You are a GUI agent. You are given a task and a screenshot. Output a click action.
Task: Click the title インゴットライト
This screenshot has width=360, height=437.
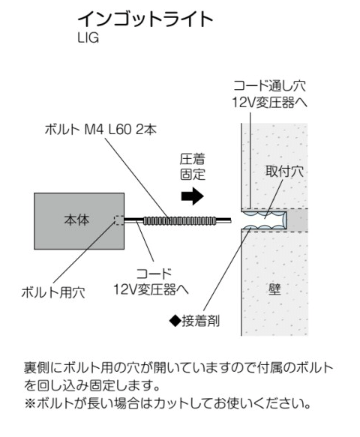(x=145, y=19)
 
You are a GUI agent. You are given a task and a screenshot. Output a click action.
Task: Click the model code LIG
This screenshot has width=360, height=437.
(x=88, y=38)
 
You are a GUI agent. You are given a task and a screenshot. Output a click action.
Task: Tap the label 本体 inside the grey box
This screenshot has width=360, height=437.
(x=76, y=220)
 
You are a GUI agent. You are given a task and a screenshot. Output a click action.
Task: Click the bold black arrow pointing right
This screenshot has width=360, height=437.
(x=193, y=196)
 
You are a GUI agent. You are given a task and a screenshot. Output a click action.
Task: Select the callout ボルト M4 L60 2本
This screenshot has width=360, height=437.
(x=101, y=130)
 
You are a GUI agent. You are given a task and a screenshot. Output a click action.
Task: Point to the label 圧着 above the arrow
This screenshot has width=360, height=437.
(x=193, y=159)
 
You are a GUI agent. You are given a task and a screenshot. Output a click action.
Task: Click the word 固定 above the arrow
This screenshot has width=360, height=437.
(x=193, y=174)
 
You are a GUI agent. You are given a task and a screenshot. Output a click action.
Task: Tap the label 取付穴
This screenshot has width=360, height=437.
(x=284, y=171)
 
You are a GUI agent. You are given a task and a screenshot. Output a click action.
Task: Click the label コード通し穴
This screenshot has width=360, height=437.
(x=270, y=85)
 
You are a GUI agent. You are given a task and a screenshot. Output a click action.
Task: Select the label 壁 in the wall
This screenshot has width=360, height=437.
(x=274, y=289)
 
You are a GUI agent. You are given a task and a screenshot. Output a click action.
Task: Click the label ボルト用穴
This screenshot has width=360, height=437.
(x=53, y=292)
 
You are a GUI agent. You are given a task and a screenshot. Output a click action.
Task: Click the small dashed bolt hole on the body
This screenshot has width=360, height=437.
(x=119, y=220)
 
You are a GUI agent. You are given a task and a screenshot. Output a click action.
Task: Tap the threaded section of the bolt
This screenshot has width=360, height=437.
(x=179, y=220)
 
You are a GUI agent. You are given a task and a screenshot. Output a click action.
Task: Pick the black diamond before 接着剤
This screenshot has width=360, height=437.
(x=175, y=321)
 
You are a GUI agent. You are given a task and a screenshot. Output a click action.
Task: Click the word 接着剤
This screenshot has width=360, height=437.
(x=201, y=321)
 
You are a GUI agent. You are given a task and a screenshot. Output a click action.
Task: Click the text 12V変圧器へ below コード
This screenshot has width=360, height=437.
(x=151, y=290)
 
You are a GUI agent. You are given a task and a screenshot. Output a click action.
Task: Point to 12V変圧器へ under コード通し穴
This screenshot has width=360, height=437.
(x=270, y=103)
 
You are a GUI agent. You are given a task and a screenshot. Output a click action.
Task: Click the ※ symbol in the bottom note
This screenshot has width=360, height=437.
(x=30, y=403)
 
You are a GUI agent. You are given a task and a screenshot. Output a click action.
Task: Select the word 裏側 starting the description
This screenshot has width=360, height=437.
(x=37, y=368)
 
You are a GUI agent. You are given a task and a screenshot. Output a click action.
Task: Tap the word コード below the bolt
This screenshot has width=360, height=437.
(x=153, y=274)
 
